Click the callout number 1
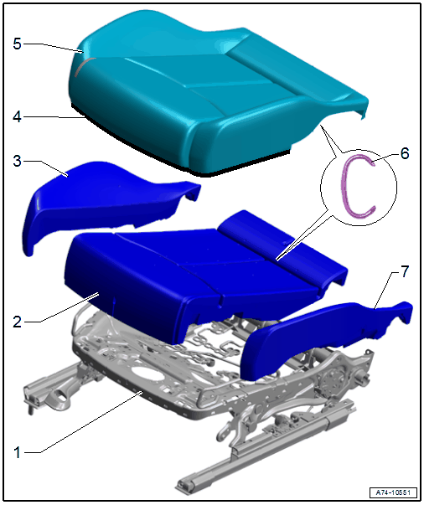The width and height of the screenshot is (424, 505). click(18, 452)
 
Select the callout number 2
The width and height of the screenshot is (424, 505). click(18, 322)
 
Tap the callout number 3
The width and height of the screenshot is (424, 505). click(18, 161)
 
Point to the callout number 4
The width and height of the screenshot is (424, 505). click(18, 116)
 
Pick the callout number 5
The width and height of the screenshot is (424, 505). click(18, 44)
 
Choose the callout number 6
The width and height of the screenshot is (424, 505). click(405, 153)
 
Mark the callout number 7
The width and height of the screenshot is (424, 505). click(405, 271)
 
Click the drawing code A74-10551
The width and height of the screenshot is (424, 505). click(393, 492)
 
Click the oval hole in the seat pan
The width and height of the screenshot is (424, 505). click(147, 375)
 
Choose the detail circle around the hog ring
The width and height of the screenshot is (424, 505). click(359, 188)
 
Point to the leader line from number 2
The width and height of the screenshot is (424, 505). click(65, 307)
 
